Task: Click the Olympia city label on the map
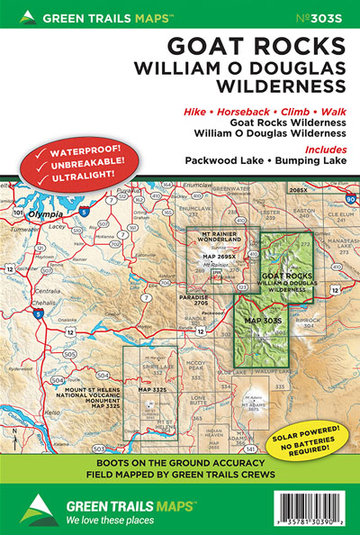pyautogui.click(x=44, y=215)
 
